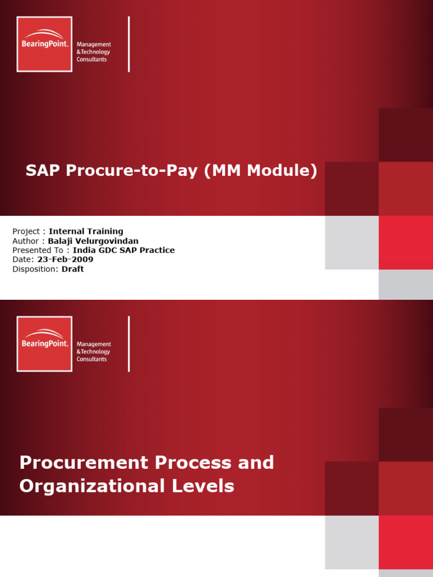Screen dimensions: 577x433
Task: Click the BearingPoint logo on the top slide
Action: tap(45, 44)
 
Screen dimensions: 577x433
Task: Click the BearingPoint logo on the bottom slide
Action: tap(45, 344)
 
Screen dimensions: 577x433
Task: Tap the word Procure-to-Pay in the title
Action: tap(134, 171)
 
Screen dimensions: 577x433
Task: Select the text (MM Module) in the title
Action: tap(261, 171)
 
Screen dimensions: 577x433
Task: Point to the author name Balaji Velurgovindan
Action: tap(93, 241)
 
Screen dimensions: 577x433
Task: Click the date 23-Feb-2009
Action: tap(65, 260)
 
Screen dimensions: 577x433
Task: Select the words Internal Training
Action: tap(86, 231)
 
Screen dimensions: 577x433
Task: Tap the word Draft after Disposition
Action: tap(73, 269)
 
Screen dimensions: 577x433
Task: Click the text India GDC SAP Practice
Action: tap(124, 250)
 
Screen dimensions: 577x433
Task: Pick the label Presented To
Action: tap(38, 250)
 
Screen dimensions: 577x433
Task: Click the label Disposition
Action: tap(34, 269)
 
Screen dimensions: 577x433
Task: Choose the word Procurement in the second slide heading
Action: tap(82, 463)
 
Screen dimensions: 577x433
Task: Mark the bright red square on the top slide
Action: tap(405, 243)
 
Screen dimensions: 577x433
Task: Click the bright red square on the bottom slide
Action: tap(405, 542)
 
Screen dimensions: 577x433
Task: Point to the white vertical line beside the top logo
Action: tap(129, 44)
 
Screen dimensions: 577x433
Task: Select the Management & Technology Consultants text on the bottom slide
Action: tap(94, 352)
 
